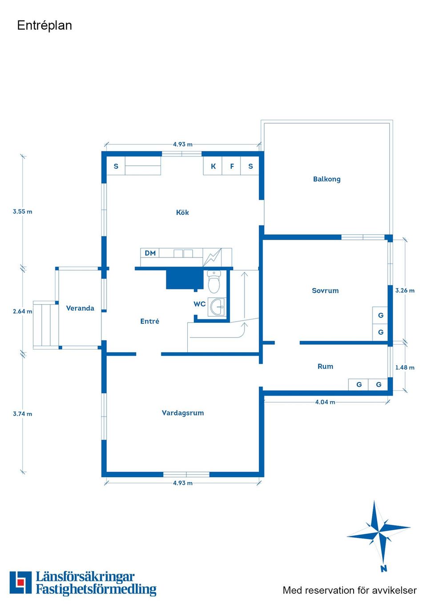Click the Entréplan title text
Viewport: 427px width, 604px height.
click(44, 25)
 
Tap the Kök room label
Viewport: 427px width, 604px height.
click(182, 213)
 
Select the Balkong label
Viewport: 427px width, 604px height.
click(326, 179)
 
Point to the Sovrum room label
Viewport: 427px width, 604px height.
click(325, 291)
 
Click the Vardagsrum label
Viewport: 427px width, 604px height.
click(183, 413)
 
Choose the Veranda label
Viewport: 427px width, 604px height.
click(80, 308)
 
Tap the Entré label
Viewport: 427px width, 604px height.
click(149, 322)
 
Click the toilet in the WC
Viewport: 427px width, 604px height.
click(214, 282)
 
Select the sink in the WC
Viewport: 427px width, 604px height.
click(218, 307)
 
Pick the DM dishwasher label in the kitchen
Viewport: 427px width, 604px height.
click(150, 254)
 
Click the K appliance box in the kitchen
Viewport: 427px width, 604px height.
click(213, 166)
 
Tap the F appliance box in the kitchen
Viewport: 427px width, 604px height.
click(232, 166)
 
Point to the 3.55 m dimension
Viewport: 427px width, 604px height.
click(22, 212)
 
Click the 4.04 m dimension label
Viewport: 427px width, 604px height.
click(325, 402)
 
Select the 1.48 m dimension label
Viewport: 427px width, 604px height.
click(405, 368)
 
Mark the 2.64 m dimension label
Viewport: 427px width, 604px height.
click(22, 311)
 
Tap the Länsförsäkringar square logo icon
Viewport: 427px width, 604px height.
click(20, 583)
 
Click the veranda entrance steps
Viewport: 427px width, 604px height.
click(45, 325)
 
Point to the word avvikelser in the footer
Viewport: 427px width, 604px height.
click(394, 591)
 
